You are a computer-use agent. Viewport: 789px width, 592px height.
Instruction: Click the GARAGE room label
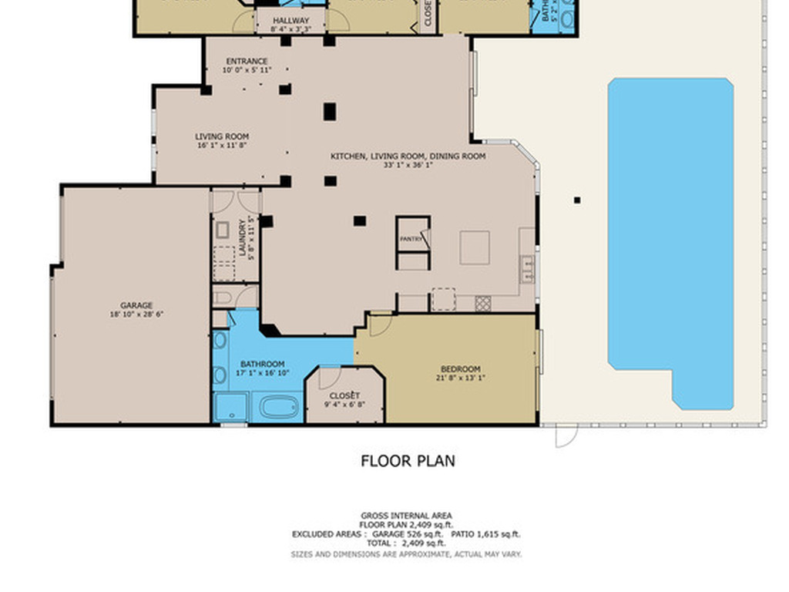tap(136, 305)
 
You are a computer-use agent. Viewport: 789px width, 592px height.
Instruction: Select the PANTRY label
tap(411, 239)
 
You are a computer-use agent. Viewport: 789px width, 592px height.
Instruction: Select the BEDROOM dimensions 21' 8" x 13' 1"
tap(460, 378)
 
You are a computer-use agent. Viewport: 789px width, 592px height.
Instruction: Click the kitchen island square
tap(475, 247)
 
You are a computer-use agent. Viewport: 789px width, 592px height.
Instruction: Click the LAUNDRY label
tap(243, 239)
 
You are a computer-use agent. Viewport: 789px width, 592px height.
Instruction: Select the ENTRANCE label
tap(247, 62)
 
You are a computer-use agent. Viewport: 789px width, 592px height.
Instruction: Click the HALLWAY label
tap(290, 21)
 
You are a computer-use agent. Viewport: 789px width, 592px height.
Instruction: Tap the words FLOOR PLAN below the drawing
tap(408, 461)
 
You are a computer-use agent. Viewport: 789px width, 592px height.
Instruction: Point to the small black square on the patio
tap(577, 200)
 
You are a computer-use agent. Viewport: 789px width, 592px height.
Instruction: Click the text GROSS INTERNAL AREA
tap(406, 516)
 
